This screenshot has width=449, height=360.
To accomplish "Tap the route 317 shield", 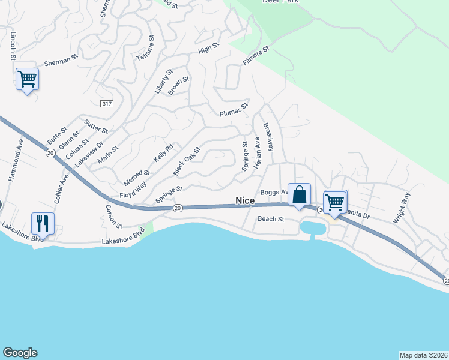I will coord(107,104).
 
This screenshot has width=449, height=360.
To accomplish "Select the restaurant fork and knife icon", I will coord(43,223).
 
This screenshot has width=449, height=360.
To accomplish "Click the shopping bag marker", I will coord(299,194).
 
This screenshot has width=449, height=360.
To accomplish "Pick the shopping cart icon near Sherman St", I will coord(27,78).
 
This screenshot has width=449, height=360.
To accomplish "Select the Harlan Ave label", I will coord(257,152).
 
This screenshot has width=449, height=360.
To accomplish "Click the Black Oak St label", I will coord(186,160).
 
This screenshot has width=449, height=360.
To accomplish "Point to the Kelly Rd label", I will coord(163,152).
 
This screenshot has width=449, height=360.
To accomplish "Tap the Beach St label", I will coord(271,219).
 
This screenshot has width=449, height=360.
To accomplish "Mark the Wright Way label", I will coord(402,208).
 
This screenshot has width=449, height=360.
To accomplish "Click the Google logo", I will coord(20,353).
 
